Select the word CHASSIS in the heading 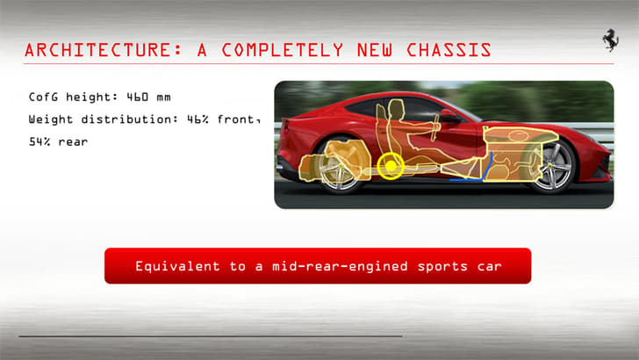(447, 50)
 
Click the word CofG (44, 97)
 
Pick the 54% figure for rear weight (39, 141)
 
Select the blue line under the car (465, 180)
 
